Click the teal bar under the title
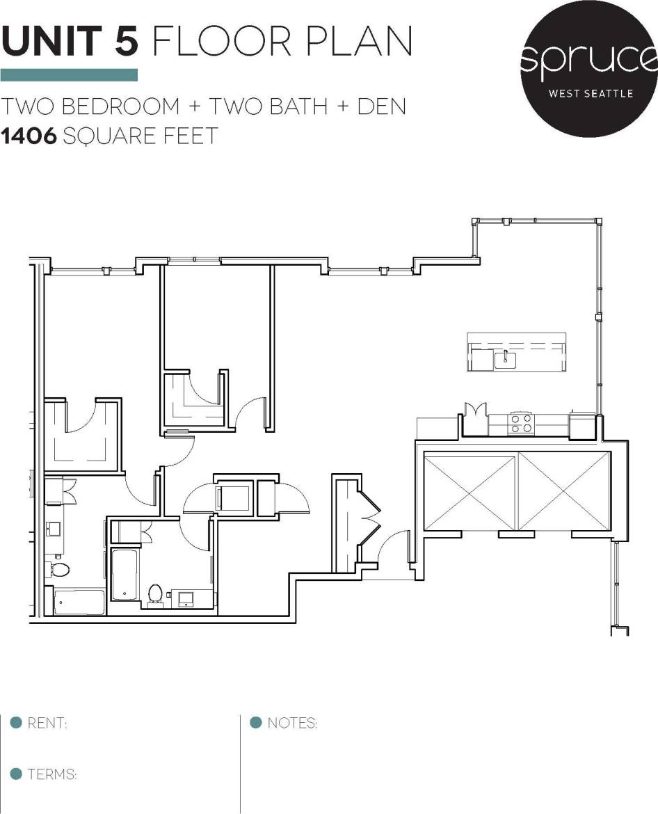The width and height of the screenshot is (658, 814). click(69, 75)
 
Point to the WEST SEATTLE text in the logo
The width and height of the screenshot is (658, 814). click(591, 93)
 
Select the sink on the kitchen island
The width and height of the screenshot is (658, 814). click(505, 360)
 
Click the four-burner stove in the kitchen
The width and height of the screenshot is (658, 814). click(522, 423)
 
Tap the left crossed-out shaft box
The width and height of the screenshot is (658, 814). click(470, 490)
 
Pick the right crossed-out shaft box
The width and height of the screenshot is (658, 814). click(564, 490)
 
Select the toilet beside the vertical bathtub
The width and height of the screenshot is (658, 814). click(155, 593)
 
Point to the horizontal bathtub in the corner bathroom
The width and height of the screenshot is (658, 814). click(79, 602)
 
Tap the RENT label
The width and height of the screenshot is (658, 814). click(47, 724)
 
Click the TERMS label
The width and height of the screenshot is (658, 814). click(52, 774)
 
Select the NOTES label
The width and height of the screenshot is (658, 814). click(292, 724)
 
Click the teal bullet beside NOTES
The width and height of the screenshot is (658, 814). click(255, 722)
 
